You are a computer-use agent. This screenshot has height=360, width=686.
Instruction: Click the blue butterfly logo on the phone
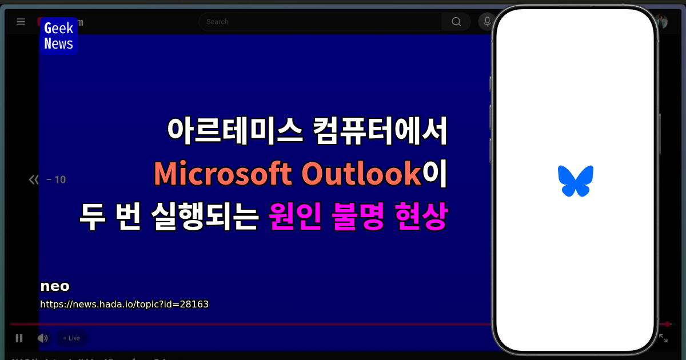(575, 181)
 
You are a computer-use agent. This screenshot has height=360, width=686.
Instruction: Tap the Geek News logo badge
(58, 36)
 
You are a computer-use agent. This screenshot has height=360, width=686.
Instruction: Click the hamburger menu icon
(21, 22)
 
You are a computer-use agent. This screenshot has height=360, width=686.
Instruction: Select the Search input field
(320, 22)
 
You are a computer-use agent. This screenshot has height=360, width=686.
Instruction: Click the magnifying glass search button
(456, 22)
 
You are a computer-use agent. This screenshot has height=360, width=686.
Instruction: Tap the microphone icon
(487, 22)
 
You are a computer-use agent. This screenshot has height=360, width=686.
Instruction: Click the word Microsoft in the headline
(224, 174)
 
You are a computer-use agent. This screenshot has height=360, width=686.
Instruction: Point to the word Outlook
(361, 174)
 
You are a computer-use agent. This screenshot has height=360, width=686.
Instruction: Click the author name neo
(55, 286)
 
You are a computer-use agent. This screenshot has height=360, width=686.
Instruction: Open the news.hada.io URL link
(124, 304)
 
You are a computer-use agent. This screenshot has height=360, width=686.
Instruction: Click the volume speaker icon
(43, 338)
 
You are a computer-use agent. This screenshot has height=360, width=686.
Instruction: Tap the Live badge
(72, 338)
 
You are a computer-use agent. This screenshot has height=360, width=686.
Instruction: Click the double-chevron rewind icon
(34, 180)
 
